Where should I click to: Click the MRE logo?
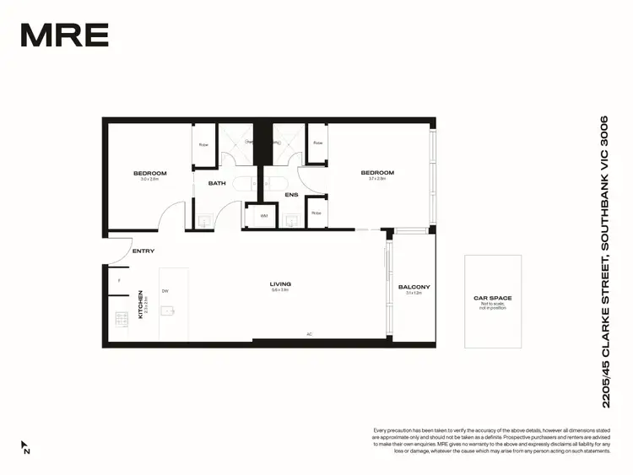[x=64, y=35]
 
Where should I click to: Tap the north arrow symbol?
[x=25, y=446]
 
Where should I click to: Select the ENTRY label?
[x=143, y=251]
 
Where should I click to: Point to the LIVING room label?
[x=280, y=284]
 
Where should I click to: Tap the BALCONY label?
[x=414, y=287]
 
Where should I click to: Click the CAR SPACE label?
[x=492, y=298]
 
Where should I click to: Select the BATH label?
[x=218, y=183]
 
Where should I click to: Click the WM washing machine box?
[x=262, y=216]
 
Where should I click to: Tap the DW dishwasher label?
[x=165, y=291]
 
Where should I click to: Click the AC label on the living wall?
[x=309, y=334]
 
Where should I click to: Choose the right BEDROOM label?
[x=377, y=173]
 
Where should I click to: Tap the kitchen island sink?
[x=170, y=311]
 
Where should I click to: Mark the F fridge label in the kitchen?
[x=119, y=279]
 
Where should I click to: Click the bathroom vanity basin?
[x=206, y=221]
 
